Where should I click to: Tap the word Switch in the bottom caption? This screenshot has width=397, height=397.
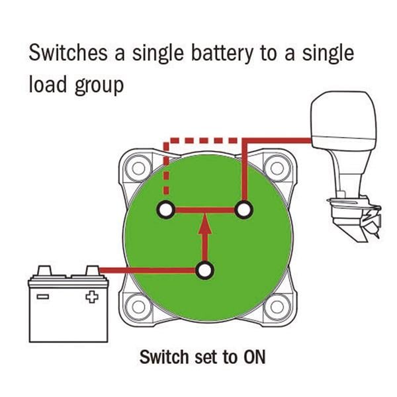pyautogui.click(x=163, y=357)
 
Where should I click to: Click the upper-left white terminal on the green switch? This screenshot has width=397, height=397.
pyautogui.click(x=165, y=210)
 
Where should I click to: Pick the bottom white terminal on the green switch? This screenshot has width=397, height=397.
pyautogui.click(x=205, y=270)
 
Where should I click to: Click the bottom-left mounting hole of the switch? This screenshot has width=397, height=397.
pyautogui.click(x=138, y=307)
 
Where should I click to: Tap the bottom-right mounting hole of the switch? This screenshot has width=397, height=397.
pyautogui.click(x=272, y=307)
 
